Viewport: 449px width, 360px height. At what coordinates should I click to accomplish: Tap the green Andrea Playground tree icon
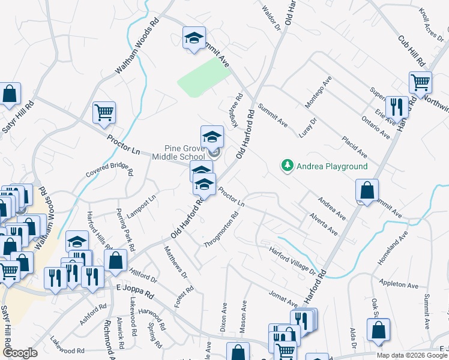pyautogui.click(x=288, y=166)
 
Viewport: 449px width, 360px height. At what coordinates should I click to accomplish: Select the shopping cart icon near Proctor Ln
pyautogui.click(x=104, y=112)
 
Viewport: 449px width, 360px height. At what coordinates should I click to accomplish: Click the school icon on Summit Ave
pyautogui.click(x=194, y=39)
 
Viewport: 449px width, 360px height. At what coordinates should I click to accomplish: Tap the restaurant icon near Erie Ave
pyautogui.click(x=397, y=107)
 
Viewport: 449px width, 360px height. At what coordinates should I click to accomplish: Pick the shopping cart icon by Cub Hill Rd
pyautogui.click(x=420, y=82)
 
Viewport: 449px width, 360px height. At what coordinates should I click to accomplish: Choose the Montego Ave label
pyautogui.click(x=318, y=93)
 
